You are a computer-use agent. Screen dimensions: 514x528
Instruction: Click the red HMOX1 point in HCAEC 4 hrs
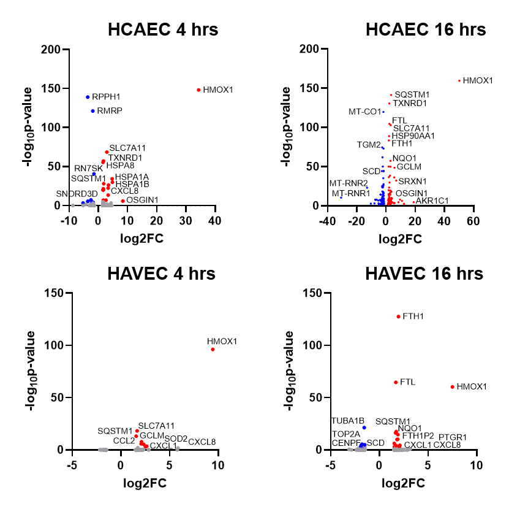tap(199, 90)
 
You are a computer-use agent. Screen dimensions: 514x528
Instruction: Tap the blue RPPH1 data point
tap(88, 97)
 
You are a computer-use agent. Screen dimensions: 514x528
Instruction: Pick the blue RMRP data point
tap(92, 111)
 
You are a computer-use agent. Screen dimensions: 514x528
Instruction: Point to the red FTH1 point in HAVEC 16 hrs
tap(398, 316)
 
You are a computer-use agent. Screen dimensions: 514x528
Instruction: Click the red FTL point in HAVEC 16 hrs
tap(396, 382)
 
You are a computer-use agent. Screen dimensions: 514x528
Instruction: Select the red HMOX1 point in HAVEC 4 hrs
tap(213, 349)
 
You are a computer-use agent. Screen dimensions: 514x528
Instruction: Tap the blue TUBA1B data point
tap(364, 428)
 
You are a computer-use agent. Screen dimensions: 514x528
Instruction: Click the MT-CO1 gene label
tap(364, 112)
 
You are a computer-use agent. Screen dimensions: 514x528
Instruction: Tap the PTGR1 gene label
tap(453, 437)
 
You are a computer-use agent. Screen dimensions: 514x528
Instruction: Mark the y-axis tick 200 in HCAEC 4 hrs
tap(51, 49)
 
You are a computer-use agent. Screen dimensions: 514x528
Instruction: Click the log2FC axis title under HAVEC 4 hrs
tap(145, 483)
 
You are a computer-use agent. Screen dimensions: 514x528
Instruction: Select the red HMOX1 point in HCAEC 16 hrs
tap(459, 80)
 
